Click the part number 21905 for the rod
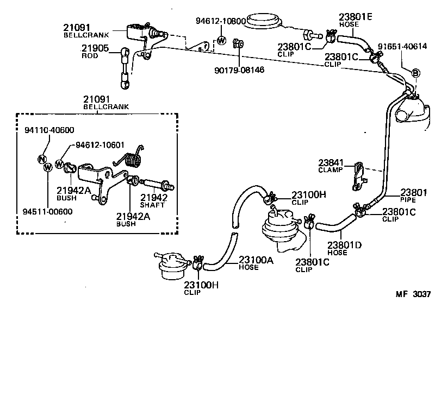click(95, 48)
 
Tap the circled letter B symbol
click(415, 73)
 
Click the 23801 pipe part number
click(414, 192)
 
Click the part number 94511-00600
click(48, 211)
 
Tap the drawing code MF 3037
click(412, 294)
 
